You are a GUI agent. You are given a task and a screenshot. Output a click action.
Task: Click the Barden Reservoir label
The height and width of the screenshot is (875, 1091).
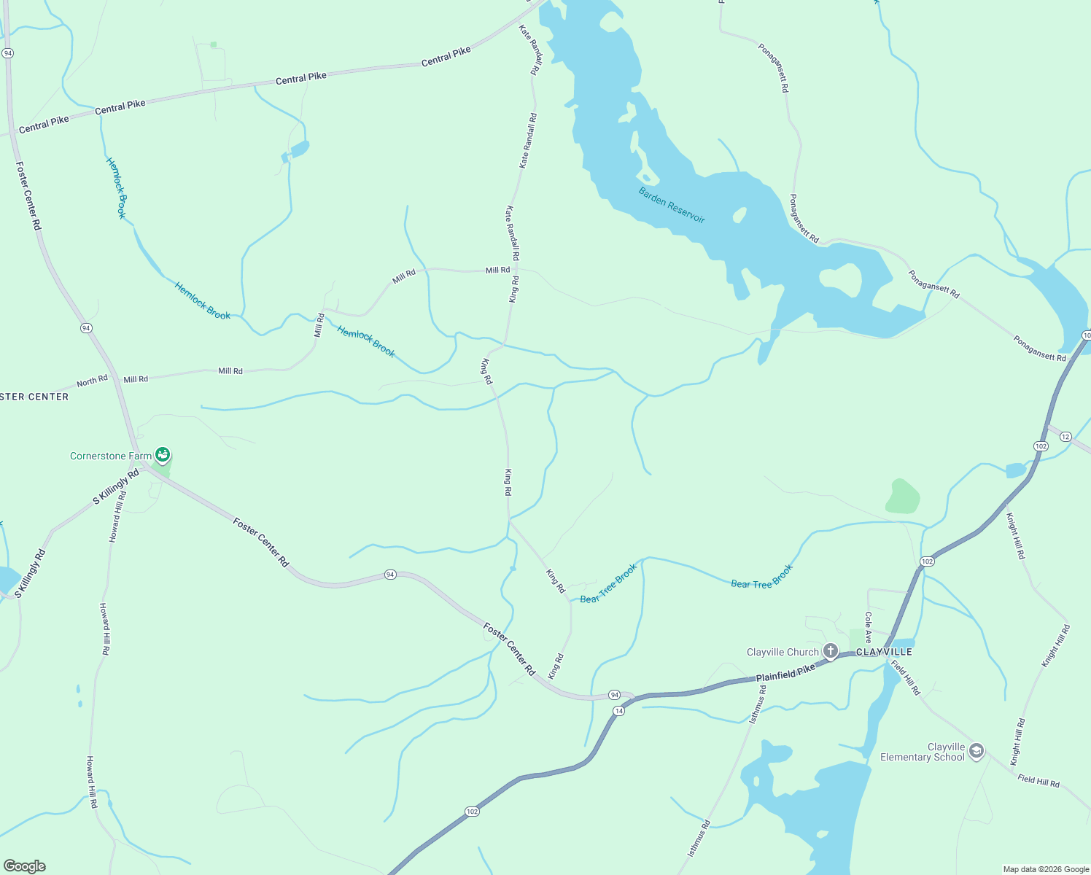pos(672,206)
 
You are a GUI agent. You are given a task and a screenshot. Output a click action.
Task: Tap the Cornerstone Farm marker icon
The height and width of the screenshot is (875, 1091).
pos(163,456)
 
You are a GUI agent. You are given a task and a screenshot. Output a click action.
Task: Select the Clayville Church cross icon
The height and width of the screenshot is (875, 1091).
pos(830,651)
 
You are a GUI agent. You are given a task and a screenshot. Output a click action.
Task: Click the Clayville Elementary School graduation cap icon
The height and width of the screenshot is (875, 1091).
pos(976,751)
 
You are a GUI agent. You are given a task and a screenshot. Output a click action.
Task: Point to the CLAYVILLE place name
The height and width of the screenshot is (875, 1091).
pos(884,652)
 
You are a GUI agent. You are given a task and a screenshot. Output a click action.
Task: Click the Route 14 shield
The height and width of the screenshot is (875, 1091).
pos(618,710)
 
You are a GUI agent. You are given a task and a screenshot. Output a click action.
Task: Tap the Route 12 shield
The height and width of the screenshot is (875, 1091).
pos(1065,437)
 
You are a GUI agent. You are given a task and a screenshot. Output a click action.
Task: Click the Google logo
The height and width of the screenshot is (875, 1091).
pos(24,866)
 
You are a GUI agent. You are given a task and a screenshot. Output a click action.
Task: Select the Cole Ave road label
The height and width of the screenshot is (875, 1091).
pos(868,627)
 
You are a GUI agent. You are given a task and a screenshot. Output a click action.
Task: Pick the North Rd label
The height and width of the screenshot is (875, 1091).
pos(92,381)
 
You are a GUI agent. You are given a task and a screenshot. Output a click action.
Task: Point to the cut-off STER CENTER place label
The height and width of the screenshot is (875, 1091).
pos(34,397)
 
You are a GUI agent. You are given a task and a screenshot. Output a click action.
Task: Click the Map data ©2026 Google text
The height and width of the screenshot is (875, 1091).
pos(1046,869)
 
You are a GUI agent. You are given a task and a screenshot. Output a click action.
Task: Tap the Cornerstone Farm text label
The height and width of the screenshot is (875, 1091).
pos(111,456)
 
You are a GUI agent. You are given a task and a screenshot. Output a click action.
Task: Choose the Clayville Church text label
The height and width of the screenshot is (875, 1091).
pos(783,652)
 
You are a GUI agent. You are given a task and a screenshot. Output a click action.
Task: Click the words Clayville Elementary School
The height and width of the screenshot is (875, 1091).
pos(923,752)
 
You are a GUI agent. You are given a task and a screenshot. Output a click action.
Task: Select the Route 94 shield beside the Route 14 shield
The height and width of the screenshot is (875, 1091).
pos(614,694)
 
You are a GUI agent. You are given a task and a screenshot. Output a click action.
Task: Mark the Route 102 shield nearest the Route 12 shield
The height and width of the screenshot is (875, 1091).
pos(1041,446)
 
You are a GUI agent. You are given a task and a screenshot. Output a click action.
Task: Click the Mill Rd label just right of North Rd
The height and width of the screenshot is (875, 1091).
pos(136,379)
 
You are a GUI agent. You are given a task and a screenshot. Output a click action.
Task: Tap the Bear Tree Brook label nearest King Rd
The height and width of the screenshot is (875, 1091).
pos(608,584)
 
